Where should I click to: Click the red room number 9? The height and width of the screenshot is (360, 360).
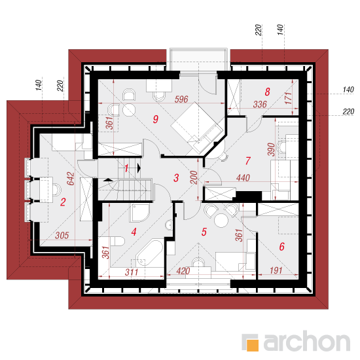[156, 119]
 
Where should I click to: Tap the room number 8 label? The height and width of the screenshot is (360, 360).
[267, 92]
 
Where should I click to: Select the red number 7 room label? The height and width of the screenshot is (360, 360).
[247, 161]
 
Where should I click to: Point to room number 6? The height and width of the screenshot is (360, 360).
[281, 247]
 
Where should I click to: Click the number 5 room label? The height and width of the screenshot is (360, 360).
[204, 232]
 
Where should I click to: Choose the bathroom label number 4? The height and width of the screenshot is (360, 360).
[134, 232]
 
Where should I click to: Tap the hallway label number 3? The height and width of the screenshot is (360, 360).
[176, 177]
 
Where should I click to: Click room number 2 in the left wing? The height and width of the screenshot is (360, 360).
[63, 202]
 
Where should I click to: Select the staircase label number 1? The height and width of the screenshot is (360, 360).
[126, 168]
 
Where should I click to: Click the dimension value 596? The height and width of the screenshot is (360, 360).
[181, 99]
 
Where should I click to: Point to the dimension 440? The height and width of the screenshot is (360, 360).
[243, 177]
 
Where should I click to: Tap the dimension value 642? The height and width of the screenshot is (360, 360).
[71, 179]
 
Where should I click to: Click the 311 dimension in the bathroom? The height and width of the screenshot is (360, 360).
[132, 272]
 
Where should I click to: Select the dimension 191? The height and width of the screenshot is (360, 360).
[276, 270]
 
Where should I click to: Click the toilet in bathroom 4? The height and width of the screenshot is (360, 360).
[117, 241]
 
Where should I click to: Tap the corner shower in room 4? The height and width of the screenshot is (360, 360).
[139, 213]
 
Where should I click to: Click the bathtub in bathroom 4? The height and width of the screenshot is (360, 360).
[149, 253]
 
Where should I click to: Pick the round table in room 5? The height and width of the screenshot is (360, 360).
[221, 221]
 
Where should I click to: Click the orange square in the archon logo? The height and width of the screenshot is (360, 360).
[253, 345]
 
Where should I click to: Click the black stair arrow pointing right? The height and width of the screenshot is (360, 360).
[139, 168]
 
